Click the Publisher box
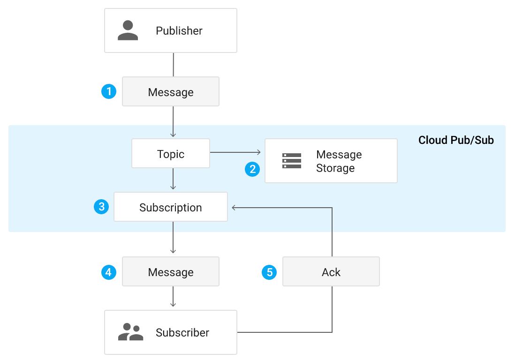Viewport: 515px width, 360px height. click(x=170, y=30)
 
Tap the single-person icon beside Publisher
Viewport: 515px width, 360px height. click(x=128, y=30)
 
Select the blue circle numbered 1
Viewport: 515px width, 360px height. click(x=109, y=91)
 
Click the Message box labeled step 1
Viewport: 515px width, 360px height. click(x=171, y=92)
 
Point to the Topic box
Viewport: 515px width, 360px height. click(x=171, y=154)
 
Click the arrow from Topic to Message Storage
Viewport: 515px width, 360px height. click(x=235, y=152)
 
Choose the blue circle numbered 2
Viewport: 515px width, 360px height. click(x=253, y=169)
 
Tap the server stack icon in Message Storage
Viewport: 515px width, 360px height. click(x=292, y=161)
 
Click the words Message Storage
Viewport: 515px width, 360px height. click(x=339, y=161)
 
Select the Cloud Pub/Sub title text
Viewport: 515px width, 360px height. click(x=456, y=140)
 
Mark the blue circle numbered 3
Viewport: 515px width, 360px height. click(x=101, y=207)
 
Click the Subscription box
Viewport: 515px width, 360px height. click(x=171, y=207)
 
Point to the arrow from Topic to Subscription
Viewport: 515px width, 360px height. click(x=173, y=180)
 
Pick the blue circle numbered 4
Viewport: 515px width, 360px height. click(x=109, y=272)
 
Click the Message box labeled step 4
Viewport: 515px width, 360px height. click(x=171, y=272)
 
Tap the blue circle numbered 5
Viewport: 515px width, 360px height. click(x=269, y=272)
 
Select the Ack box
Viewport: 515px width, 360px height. click(x=331, y=272)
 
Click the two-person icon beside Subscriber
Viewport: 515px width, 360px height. click(x=130, y=332)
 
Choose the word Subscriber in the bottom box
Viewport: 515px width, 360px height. click(x=182, y=333)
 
